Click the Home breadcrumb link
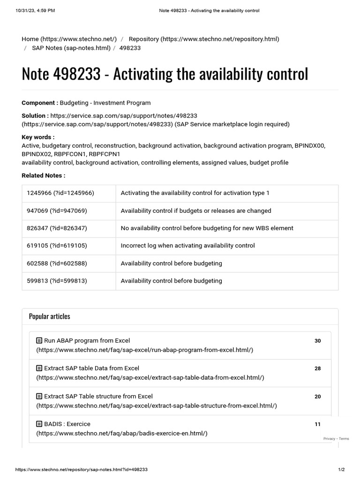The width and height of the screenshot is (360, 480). [69, 39]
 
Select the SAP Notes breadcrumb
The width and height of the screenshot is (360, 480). [71, 48]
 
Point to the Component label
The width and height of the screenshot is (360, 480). [40, 103]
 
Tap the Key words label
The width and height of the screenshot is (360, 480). [38, 137]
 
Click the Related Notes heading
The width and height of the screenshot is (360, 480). [43, 175]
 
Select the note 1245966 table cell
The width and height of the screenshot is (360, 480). [60, 193]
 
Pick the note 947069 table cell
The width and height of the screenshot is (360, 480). [57, 211]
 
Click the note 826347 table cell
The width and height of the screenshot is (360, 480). [57, 228]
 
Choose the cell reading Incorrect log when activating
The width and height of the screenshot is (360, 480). [187, 246]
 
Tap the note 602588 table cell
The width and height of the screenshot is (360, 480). [57, 263]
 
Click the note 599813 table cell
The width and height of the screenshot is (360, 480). [57, 281]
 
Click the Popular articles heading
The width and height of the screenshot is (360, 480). [49, 316]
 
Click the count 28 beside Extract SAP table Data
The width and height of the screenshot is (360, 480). [317, 368]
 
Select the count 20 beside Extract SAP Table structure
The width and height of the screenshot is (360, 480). [317, 397]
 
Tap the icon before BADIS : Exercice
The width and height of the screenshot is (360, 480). [39, 424]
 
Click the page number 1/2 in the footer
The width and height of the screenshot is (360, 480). [341, 469]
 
